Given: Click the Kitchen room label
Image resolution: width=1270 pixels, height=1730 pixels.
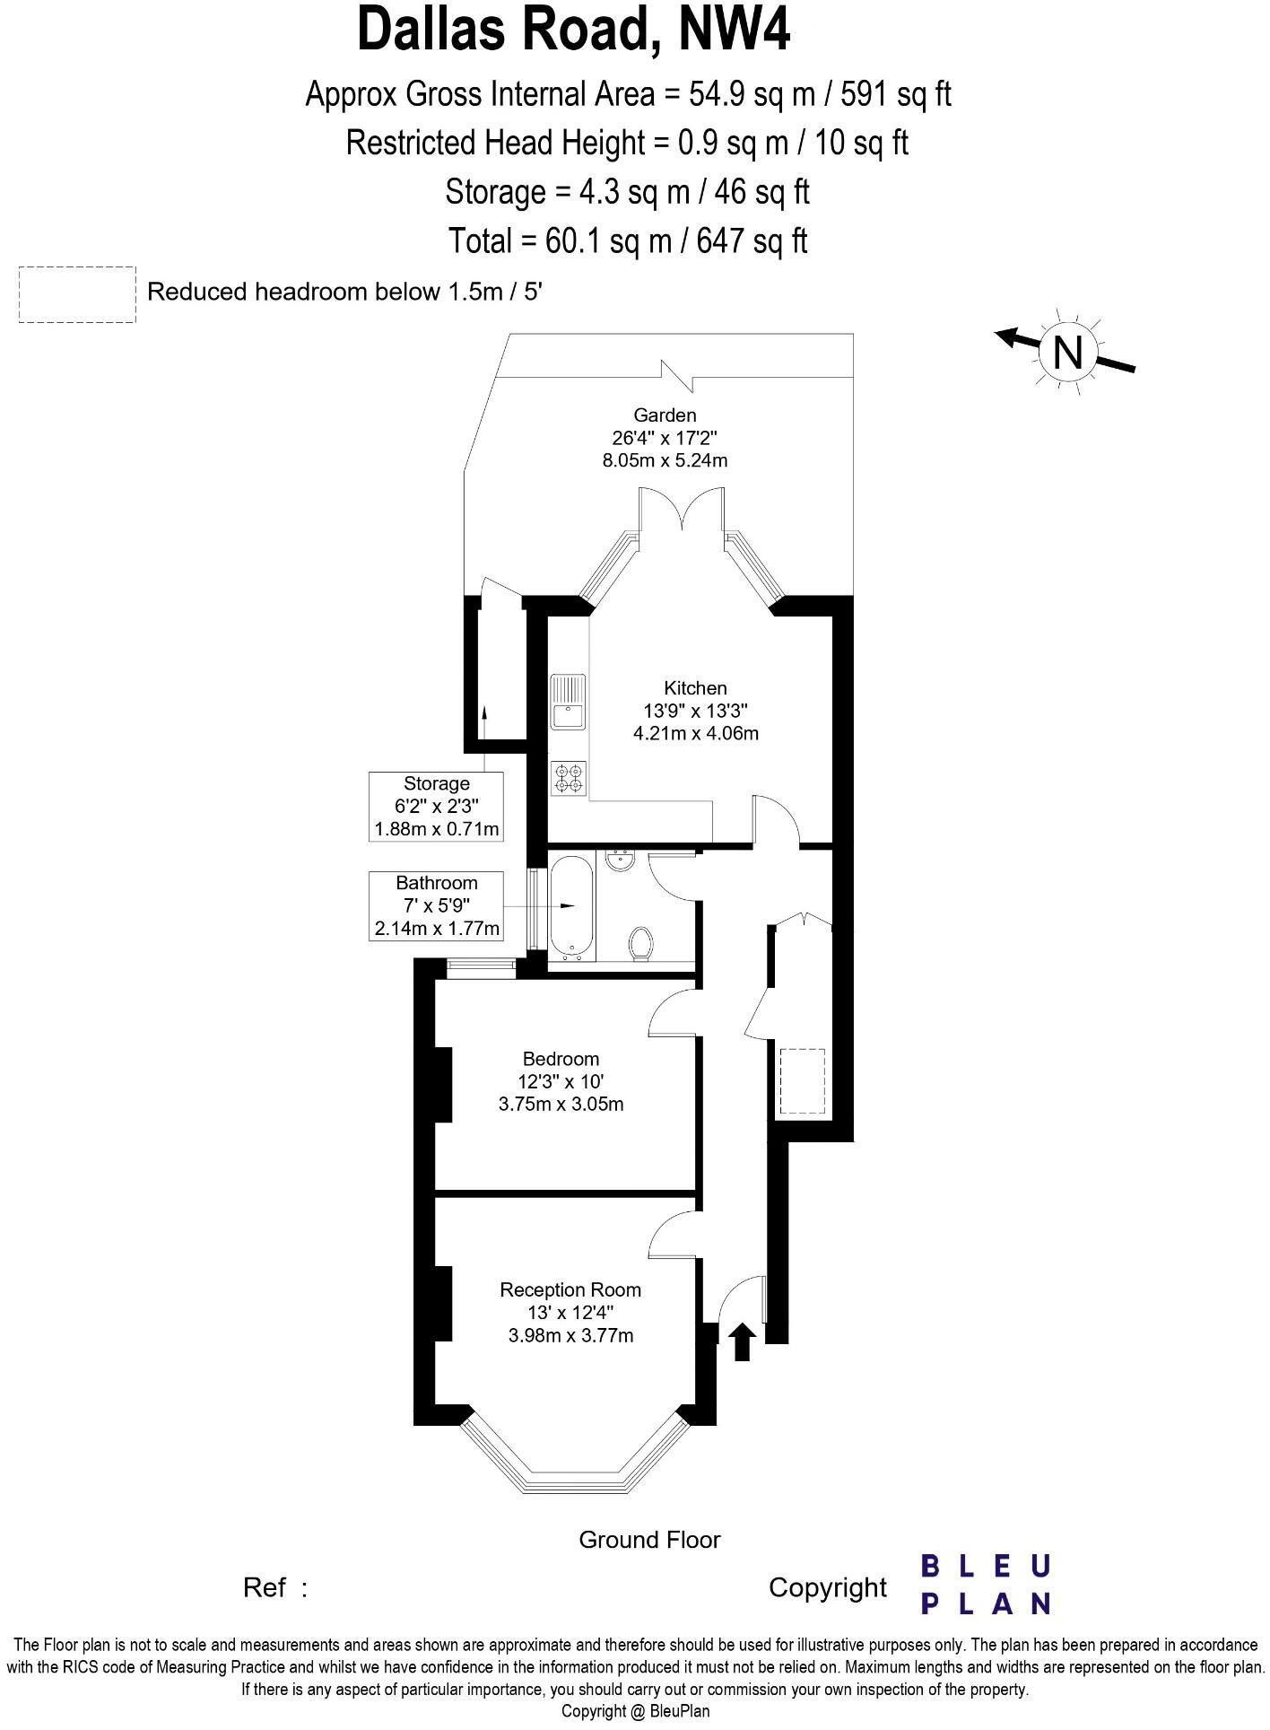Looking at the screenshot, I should click(x=694, y=688).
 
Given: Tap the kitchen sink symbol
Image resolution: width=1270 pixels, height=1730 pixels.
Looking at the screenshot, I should click(x=568, y=703).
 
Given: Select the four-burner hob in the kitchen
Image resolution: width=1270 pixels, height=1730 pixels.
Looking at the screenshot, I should click(x=569, y=778).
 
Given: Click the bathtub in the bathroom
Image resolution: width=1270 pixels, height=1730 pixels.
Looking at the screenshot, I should click(x=570, y=907).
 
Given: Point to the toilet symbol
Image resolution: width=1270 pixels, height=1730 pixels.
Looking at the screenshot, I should click(x=640, y=943).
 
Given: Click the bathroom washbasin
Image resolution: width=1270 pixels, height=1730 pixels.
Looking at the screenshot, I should click(x=620, y=861).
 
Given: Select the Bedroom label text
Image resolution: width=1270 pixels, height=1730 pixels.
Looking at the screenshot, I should click(x=561, y=1059).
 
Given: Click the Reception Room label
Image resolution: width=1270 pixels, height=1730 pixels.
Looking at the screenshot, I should click(x=570, y=1289).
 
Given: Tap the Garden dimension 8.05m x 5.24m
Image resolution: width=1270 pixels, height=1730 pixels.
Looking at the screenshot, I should click(x=665, y=461).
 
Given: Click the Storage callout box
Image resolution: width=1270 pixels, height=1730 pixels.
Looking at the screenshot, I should click(x=436, y=806).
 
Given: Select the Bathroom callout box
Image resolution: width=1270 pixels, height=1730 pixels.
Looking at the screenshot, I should click(x=436, y=905).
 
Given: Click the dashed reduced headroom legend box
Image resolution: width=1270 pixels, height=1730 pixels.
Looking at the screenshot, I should click(x=77, y=294).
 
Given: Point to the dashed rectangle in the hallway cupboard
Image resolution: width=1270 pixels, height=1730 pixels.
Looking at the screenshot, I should click(x=802, y=1081).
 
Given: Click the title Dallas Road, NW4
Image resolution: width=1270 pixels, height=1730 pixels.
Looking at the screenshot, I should click(x=574, y=31).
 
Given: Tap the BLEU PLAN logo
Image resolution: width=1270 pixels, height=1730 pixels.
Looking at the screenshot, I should click(x=986, y=1586).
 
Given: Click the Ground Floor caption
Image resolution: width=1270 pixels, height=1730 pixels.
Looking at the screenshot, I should click(x=649, y=1540).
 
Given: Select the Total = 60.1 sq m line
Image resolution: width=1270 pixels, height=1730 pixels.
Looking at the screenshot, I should click(x=628, y=240).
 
